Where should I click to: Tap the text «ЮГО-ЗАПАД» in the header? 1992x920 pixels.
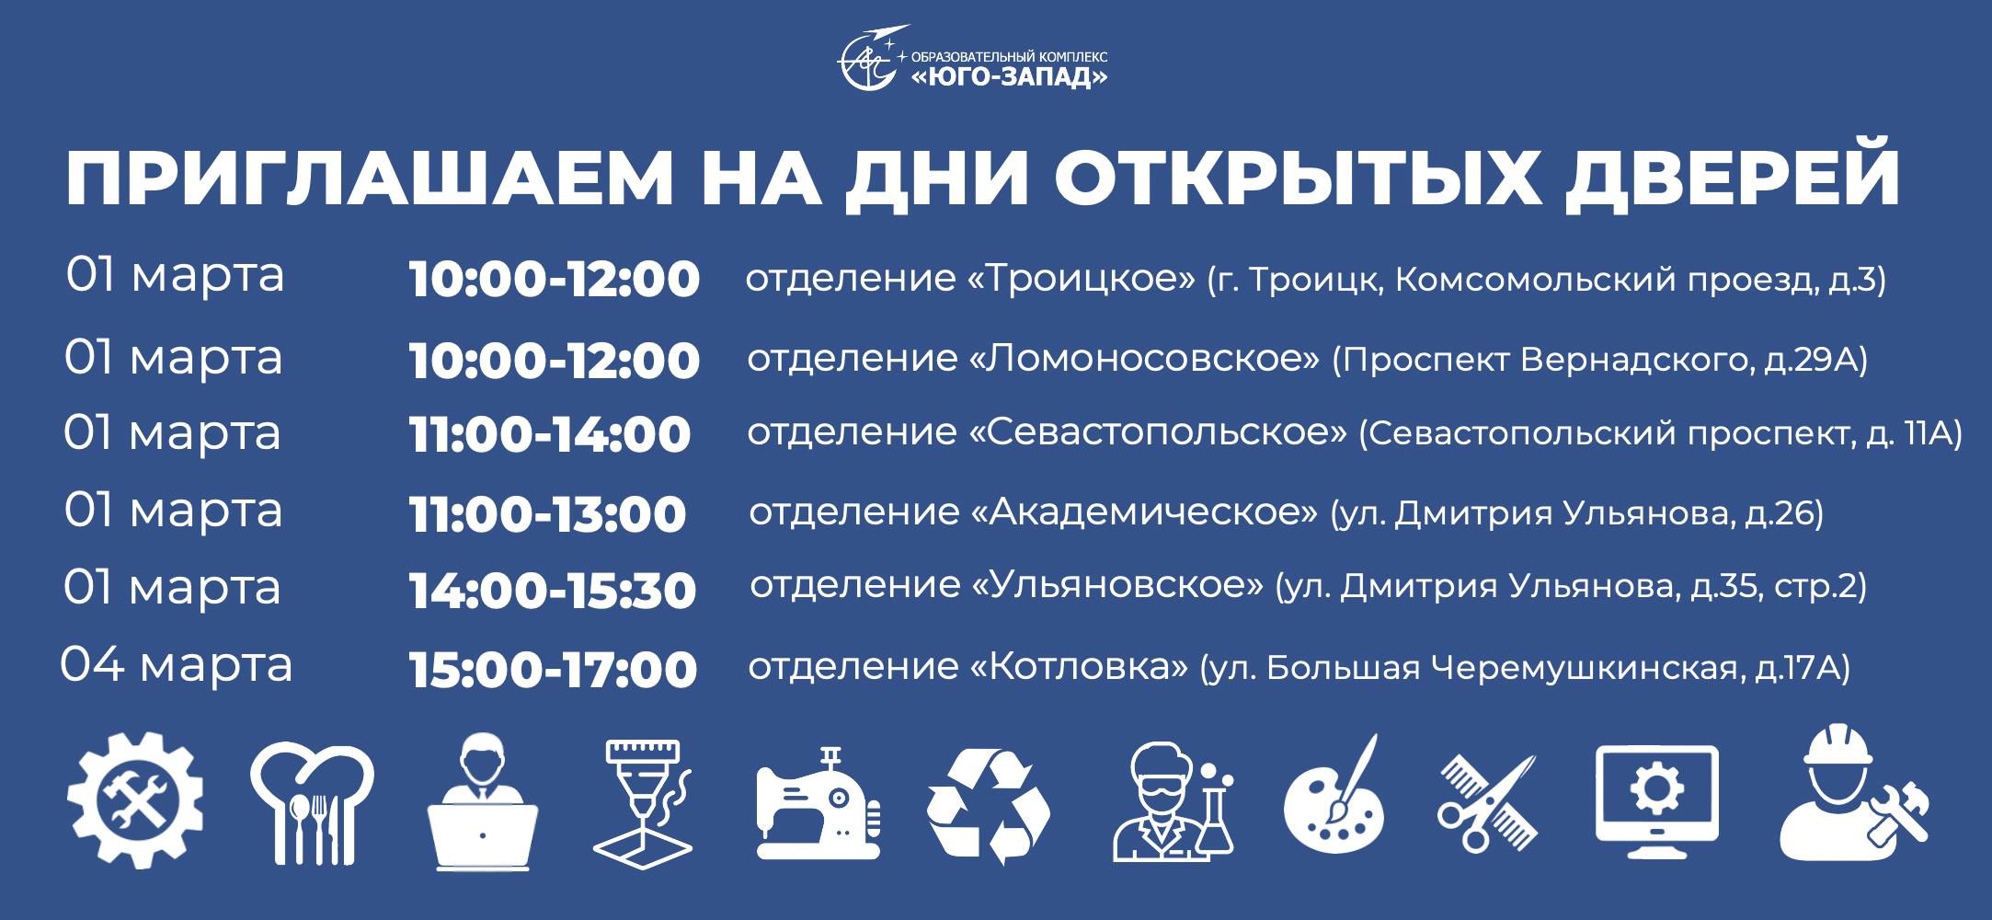[x=1009, y=76]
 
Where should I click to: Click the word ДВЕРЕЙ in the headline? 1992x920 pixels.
[x=1733, y=176]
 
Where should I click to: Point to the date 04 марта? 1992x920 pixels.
[x=176, y=664]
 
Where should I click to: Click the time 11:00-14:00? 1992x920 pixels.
[x=550, y=434]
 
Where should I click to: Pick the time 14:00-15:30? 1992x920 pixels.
[x=553, y=591]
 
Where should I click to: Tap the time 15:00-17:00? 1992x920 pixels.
[x=553, y=670]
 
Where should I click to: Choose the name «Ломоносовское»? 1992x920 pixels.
[x=1144, y=358]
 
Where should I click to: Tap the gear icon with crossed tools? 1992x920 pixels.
[x=136, y=800]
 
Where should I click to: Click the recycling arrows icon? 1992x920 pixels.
[x=989, y=806]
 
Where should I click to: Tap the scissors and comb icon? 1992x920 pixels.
[x=1487, y=803]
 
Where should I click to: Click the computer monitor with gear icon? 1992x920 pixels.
[x=1656, y=801]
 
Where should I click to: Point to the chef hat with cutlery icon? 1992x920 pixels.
[x=313, y=803]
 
